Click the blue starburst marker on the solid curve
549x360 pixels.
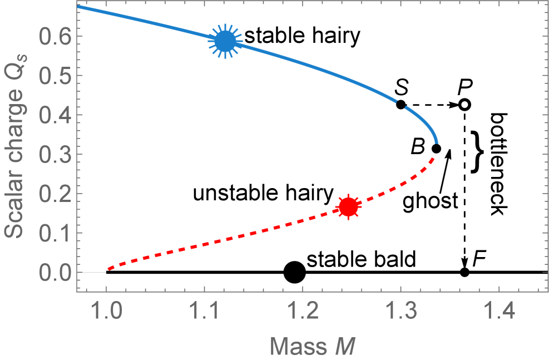[x=225, y=41]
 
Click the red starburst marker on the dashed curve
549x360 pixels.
[x=349, y=207]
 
